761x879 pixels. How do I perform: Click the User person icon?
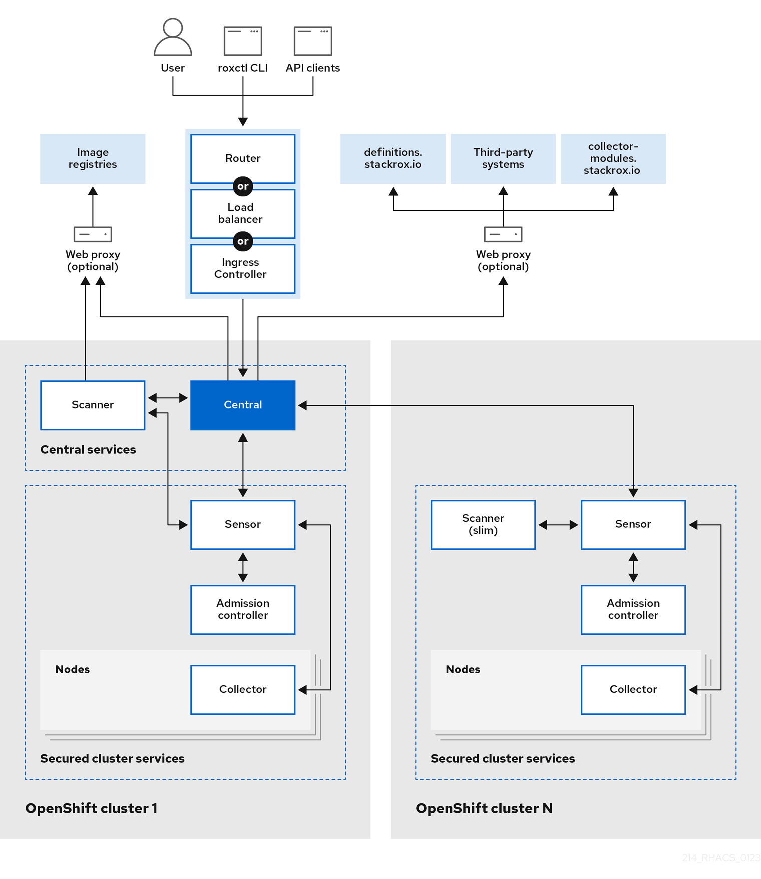click(173, 38)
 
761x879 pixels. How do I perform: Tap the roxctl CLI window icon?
click(243, 41)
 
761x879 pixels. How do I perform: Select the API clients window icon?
click(313, 41)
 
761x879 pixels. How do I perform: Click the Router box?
click(243, 158)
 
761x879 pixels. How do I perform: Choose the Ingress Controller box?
click(243, 269)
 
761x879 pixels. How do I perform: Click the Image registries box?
click(93, 158)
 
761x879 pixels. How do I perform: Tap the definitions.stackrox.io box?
click(393, 158)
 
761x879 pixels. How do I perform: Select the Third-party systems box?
click(503, 158)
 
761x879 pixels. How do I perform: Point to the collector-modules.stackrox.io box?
click(613, 158)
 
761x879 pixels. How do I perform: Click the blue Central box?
click(243, 405)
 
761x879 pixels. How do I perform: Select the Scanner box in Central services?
click(93, 405)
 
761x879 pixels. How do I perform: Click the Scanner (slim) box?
click(483, 524)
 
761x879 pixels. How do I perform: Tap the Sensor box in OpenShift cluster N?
click(633, 524)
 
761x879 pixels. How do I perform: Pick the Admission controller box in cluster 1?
click(243, 609)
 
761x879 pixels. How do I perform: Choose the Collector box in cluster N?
click(633, 689)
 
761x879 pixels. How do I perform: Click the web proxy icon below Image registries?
click(93, 234)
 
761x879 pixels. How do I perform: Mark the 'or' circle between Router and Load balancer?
click(243, 186)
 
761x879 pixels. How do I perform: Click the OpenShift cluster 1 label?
click(92, 808)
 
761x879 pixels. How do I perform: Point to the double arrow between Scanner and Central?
click(168, 398)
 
